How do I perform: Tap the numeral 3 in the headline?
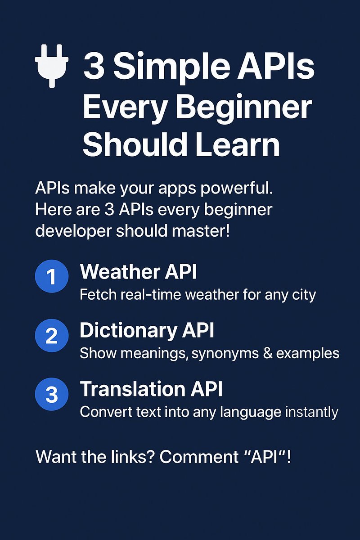point(93,67)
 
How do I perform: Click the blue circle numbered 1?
point(51,276)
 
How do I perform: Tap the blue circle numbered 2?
point(51,336)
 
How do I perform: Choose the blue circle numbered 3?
point(51,394)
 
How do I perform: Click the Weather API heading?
point(138,272)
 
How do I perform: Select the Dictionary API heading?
point(147,331)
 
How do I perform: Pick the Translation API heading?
point(151,389)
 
